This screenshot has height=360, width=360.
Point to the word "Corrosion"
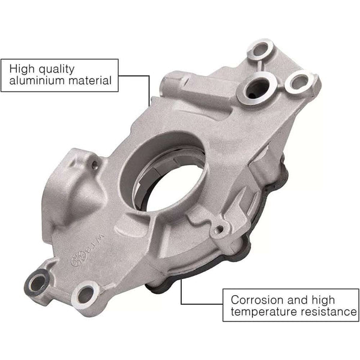click(x=256, y=298)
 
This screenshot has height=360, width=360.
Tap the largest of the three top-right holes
click(x=256, y=88)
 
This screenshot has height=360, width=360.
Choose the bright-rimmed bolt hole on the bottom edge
click(x=85, y=294)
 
